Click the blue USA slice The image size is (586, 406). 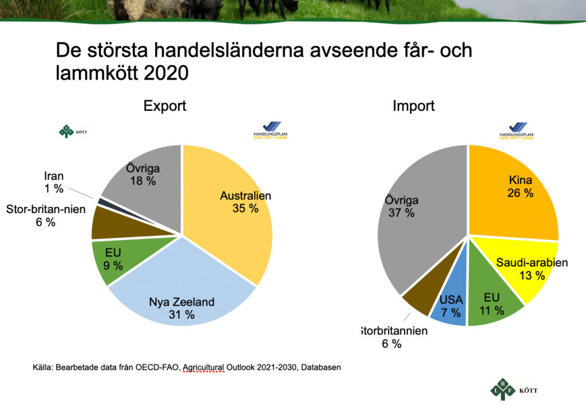450,306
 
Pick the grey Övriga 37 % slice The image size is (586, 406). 412,218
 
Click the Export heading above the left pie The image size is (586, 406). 165,106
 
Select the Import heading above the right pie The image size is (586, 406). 413,106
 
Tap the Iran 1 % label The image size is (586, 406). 54,182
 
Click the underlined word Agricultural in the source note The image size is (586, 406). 203,367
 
